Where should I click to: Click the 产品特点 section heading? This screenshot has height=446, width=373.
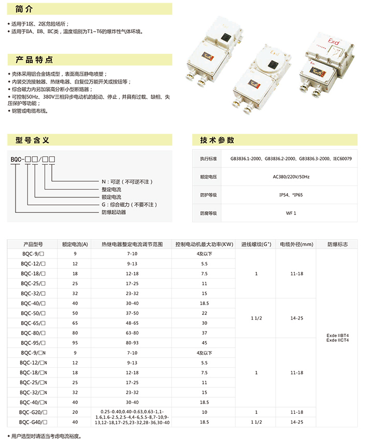[x=34, y=60]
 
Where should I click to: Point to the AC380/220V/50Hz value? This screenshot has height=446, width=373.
[x=291, y=177]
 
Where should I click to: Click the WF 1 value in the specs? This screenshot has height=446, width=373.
[x=291, y=213]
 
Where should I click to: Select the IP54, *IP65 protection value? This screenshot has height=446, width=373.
[x=291, y=195]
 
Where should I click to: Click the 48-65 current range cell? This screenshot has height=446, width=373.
[x=132, y=323]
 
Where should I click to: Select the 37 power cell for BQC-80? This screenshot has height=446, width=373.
[x=205, y=333]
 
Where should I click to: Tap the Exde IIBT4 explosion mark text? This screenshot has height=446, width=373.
[x=338, y=335]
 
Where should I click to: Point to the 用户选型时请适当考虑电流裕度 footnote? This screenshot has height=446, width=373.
[x=47, y=437]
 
